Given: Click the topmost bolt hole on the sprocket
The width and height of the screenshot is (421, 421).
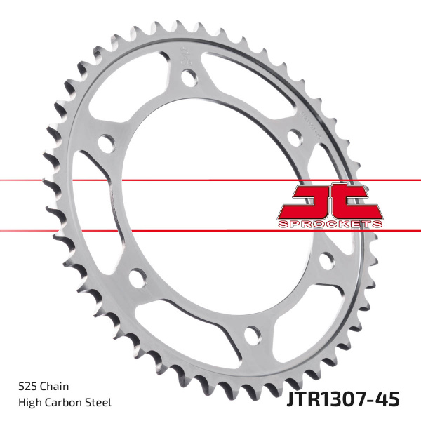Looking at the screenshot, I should click(187, 76).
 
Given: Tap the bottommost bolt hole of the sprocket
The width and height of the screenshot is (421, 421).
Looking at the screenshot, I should click(246, 332).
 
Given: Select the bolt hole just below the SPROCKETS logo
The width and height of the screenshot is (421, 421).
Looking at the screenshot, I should click(326, 261).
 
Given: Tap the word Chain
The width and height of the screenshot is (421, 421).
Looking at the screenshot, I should click(58, 386).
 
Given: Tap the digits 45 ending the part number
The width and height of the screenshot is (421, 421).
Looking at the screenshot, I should click(388, 399).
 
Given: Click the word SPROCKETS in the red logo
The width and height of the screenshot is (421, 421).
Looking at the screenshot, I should click(330, 222).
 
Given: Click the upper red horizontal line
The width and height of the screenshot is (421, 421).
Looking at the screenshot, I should click(175, 180).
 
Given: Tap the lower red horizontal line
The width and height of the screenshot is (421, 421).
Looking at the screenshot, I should click(175, 230).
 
